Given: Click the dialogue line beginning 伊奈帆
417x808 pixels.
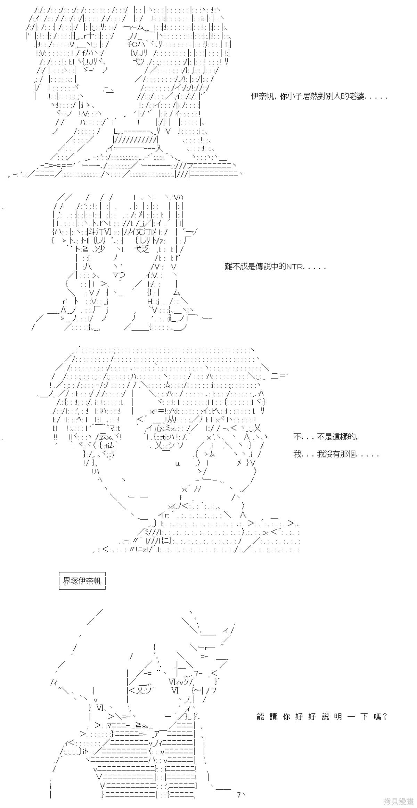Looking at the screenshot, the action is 319,96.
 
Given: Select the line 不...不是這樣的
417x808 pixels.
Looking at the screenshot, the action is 326,437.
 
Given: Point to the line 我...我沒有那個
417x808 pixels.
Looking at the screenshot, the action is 336,454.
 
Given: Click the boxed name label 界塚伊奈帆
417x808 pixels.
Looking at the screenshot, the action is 82,580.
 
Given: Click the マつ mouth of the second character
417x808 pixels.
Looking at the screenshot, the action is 119,275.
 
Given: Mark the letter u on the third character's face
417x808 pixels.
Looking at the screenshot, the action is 177,463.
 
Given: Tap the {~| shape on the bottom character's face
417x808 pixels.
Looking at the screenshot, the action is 197,690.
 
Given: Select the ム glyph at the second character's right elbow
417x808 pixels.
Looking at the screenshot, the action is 176,292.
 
